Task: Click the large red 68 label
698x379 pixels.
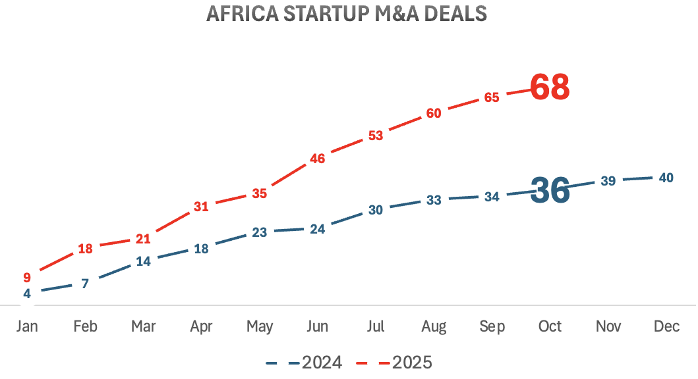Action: point(550,88)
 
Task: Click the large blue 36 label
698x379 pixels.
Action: point(550,191)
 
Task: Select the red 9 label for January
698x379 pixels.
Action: point(27,277)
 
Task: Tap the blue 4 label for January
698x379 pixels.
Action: point(27,293)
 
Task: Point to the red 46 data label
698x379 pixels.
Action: point(317,158)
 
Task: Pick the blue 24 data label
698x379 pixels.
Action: point(317,229)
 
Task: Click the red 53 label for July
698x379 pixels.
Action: point(376,136)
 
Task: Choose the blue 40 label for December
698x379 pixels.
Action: point(666,178)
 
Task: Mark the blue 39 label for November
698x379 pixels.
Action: point(608,181)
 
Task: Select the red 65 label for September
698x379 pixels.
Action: point(492,97)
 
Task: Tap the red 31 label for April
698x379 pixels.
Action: point(201,207)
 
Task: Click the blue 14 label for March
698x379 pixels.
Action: point(143,261)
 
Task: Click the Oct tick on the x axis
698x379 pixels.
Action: point(550,327)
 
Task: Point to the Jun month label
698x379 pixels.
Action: point(317,327)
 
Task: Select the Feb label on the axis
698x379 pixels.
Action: point(85,327)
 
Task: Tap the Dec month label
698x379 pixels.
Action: point(666,327)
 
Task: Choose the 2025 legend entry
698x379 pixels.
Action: point(395,362)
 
